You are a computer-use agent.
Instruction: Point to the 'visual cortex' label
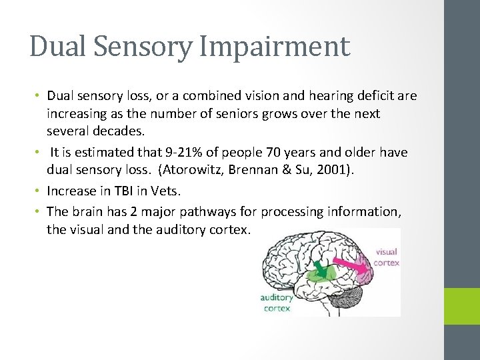tap(387, 257)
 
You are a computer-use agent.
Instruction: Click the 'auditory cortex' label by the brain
tap(276, 303)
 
